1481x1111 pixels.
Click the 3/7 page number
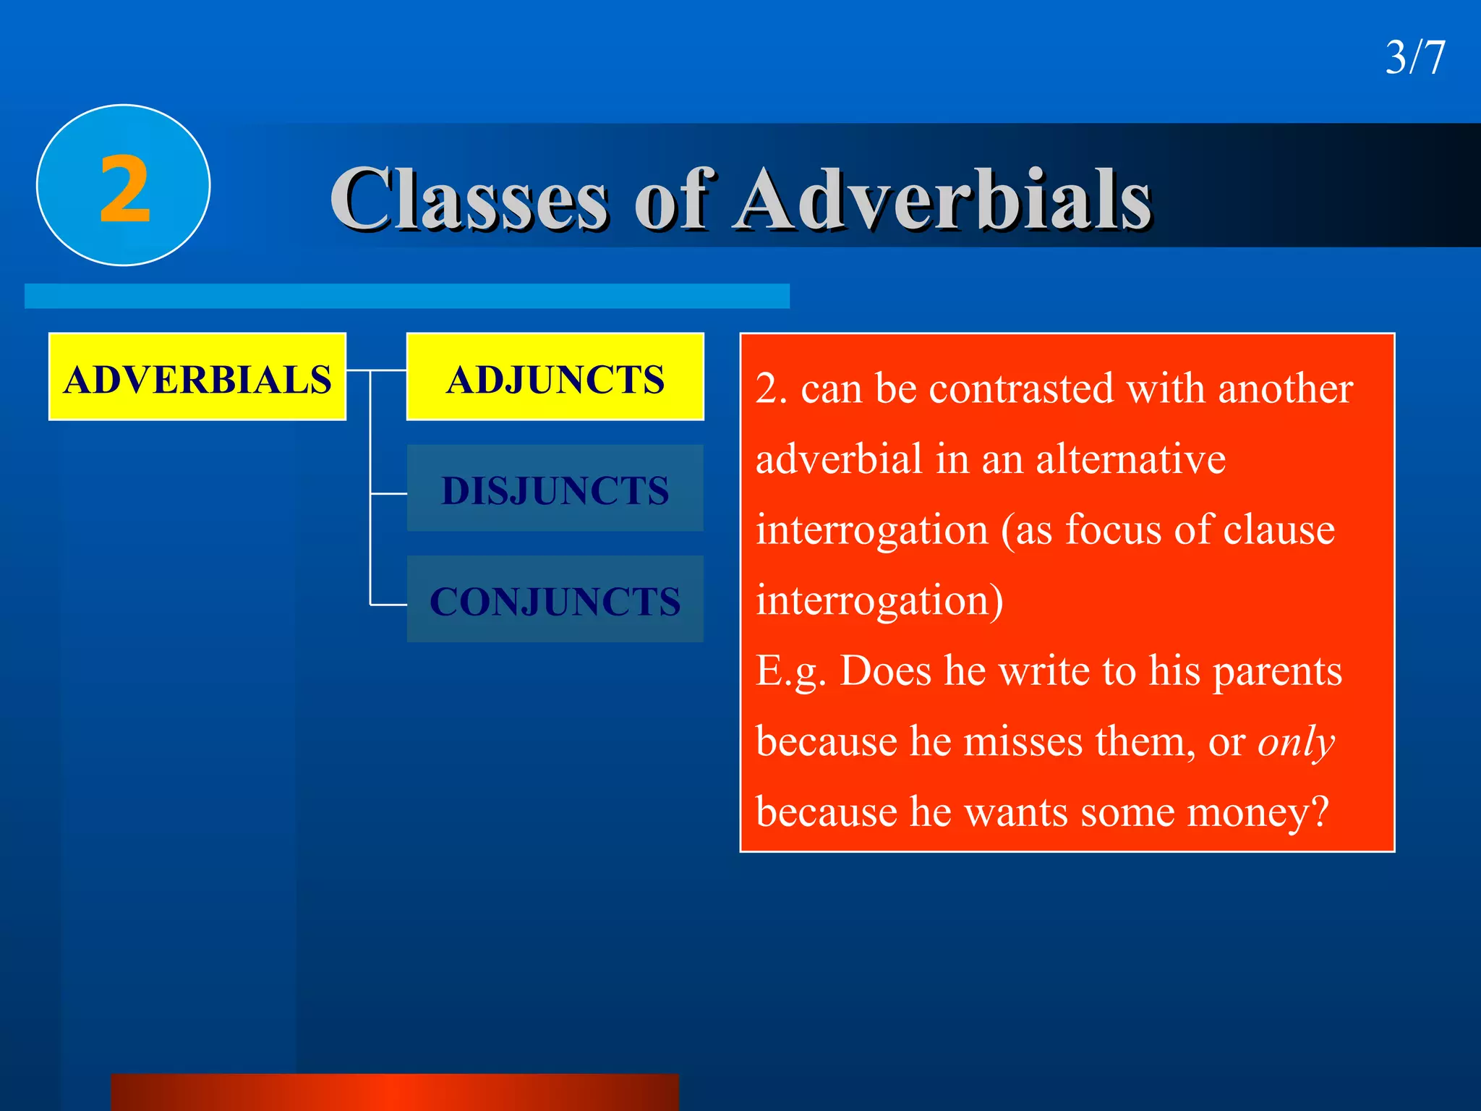(x=1414, y=58)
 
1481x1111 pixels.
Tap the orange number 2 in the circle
(x=124, y=190)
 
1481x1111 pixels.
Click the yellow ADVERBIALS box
(x=197, y=378)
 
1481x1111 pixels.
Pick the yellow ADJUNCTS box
(x=555, y=378)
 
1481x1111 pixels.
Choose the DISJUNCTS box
(x=555, y=489)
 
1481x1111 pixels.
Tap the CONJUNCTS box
(x=555, y=600)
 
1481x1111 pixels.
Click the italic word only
(x=1295, y=742)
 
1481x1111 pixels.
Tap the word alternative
(x=1130, y=459)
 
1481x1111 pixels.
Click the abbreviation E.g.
(x=790, y=672)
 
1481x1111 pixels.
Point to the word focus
(x=1114, y=530)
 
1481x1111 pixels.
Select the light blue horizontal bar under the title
(x=406, y=296)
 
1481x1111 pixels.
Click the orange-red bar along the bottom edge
(x=394, y=1092)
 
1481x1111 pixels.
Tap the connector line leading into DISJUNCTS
(x=389, y=494)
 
